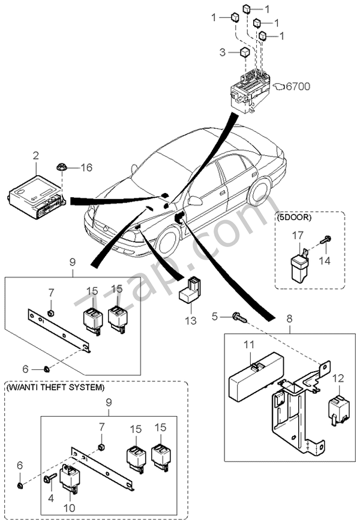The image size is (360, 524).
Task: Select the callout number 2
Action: point(35,156)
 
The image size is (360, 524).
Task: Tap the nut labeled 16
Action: point(62,167)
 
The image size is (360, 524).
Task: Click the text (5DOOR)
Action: point(294,218)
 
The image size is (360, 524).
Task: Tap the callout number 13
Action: point(190,321)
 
